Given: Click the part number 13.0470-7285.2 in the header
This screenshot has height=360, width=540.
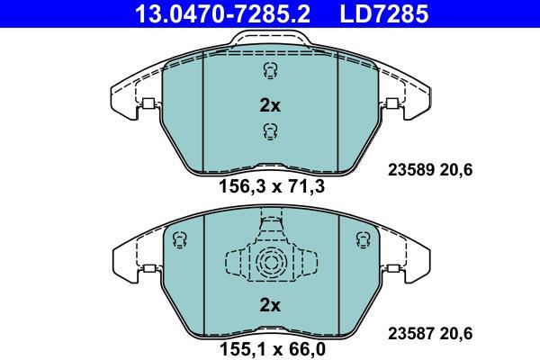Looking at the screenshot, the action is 223,13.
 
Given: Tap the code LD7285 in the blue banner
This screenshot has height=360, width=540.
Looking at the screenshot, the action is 384,13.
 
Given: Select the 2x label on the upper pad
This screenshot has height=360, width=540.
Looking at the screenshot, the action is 270,106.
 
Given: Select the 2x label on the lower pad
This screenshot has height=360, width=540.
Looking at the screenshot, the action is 270,305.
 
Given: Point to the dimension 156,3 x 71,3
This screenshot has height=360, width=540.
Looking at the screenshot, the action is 272,187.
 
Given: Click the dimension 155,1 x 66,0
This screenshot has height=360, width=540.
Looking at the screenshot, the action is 272,349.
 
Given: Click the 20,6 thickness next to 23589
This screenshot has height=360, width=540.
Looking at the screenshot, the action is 456,170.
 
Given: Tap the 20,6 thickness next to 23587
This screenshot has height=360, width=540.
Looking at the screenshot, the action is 456,334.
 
